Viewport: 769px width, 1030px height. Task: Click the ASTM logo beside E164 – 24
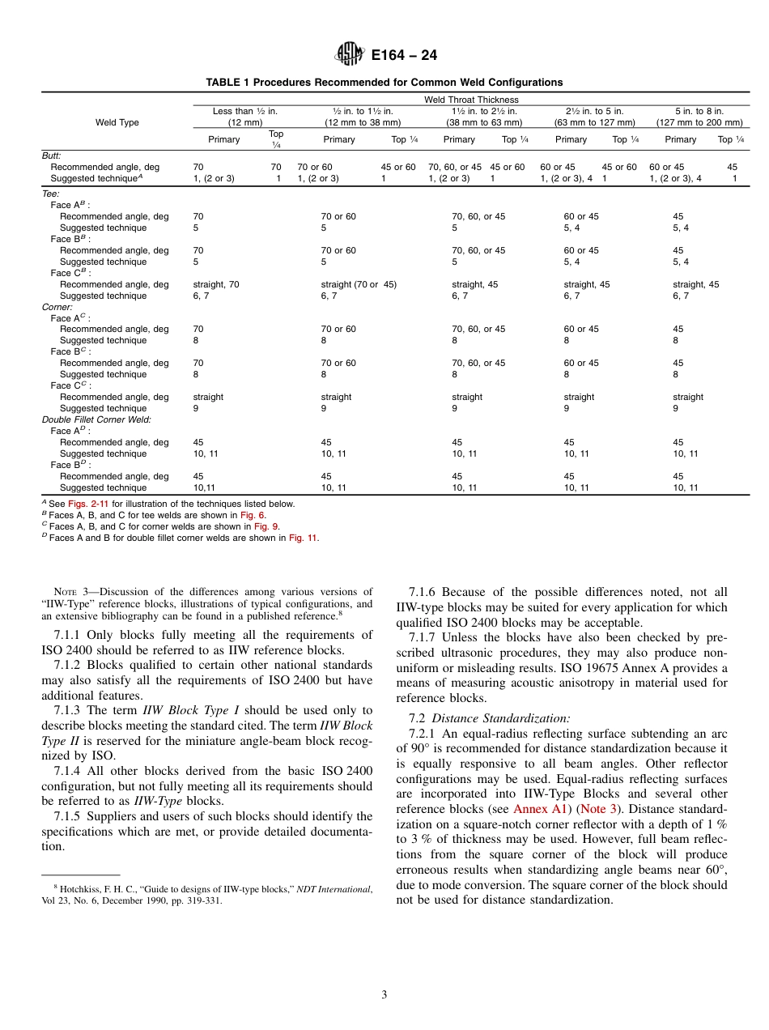click(x=351, y=55)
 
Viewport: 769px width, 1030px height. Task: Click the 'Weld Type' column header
click(x=117, y=122)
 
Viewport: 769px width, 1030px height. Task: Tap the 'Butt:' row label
click(x=52, y=155)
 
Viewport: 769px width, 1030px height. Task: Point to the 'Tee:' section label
click(x=50, y=194)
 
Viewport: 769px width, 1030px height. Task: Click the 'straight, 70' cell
click(x=216, y=285)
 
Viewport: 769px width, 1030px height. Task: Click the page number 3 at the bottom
click(x=384, y=995)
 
